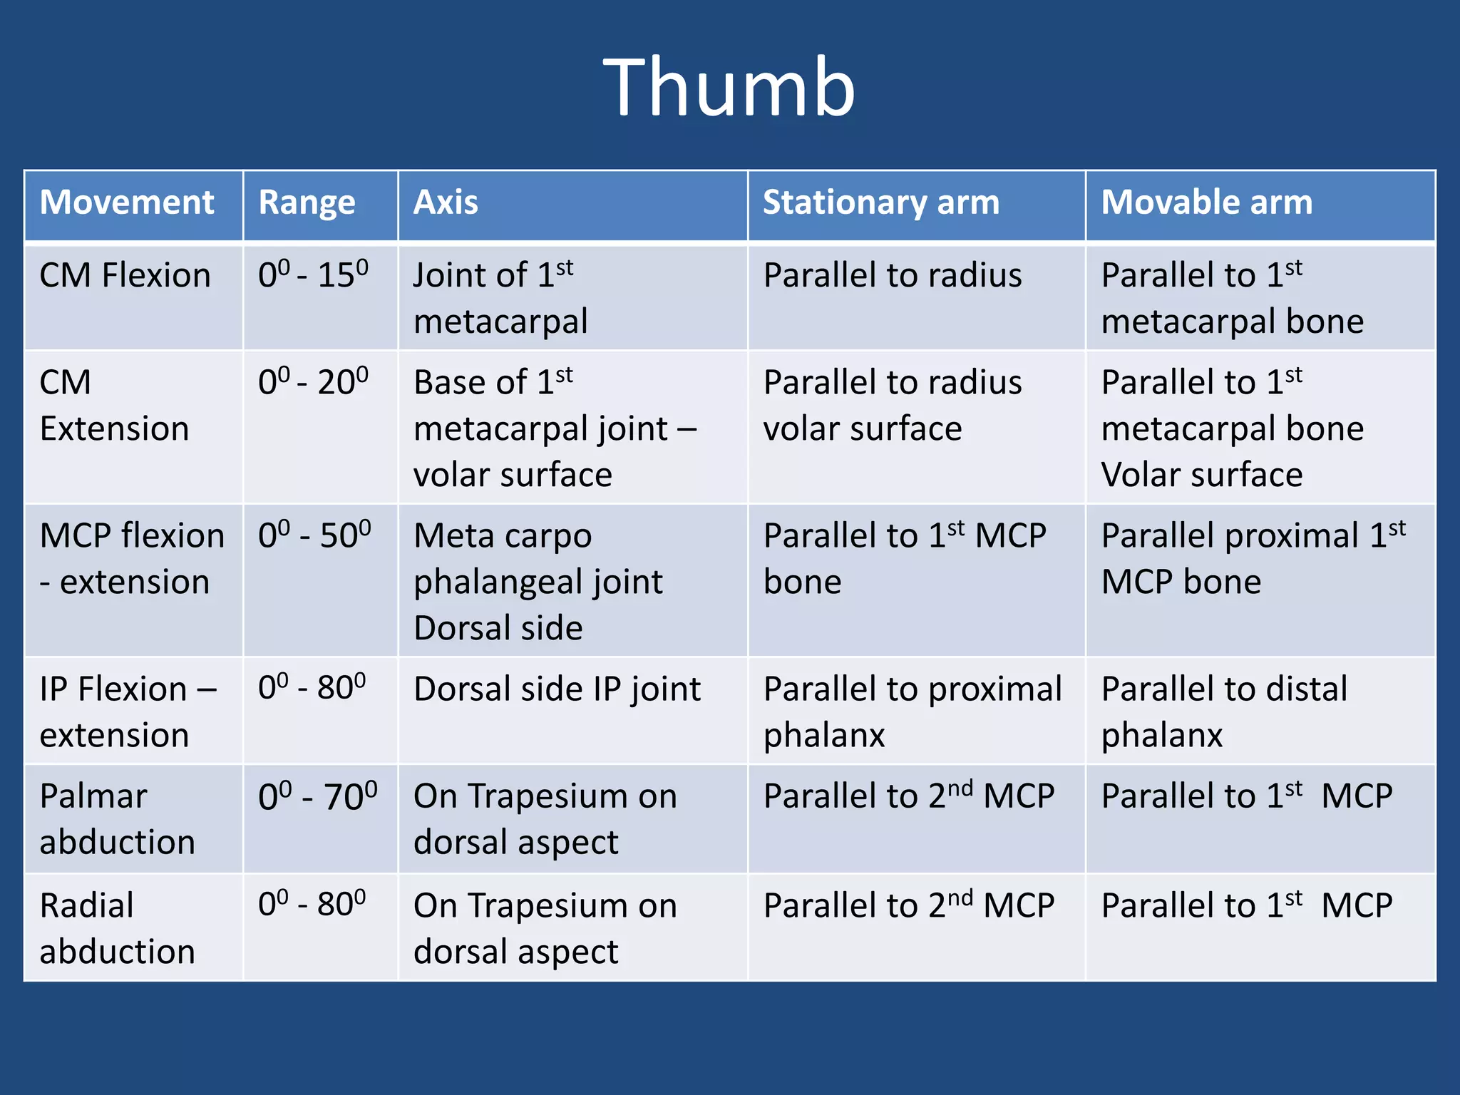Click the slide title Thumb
[x=729, y=88]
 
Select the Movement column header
[x=127, y=202]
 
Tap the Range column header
[x=307, y=202]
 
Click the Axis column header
[x=446, y=202]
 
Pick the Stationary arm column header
[x=881, y=202]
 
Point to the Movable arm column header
[x=1206, y=202]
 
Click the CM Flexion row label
[x=125, y=276]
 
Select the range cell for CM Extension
[x=313, y=382]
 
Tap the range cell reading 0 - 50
[x=314, y=535]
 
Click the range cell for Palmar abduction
[x=317, y=796]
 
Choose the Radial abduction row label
[x=117, y=928]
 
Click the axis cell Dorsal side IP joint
[x=557, y=689]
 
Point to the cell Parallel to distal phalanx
[x=1223, y=711]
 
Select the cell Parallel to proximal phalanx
[x=912, y=711]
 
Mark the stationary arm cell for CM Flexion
[x=892, y=276]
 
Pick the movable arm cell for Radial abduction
[x=1246, y=906]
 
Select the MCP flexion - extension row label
[x=132, y=558]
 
